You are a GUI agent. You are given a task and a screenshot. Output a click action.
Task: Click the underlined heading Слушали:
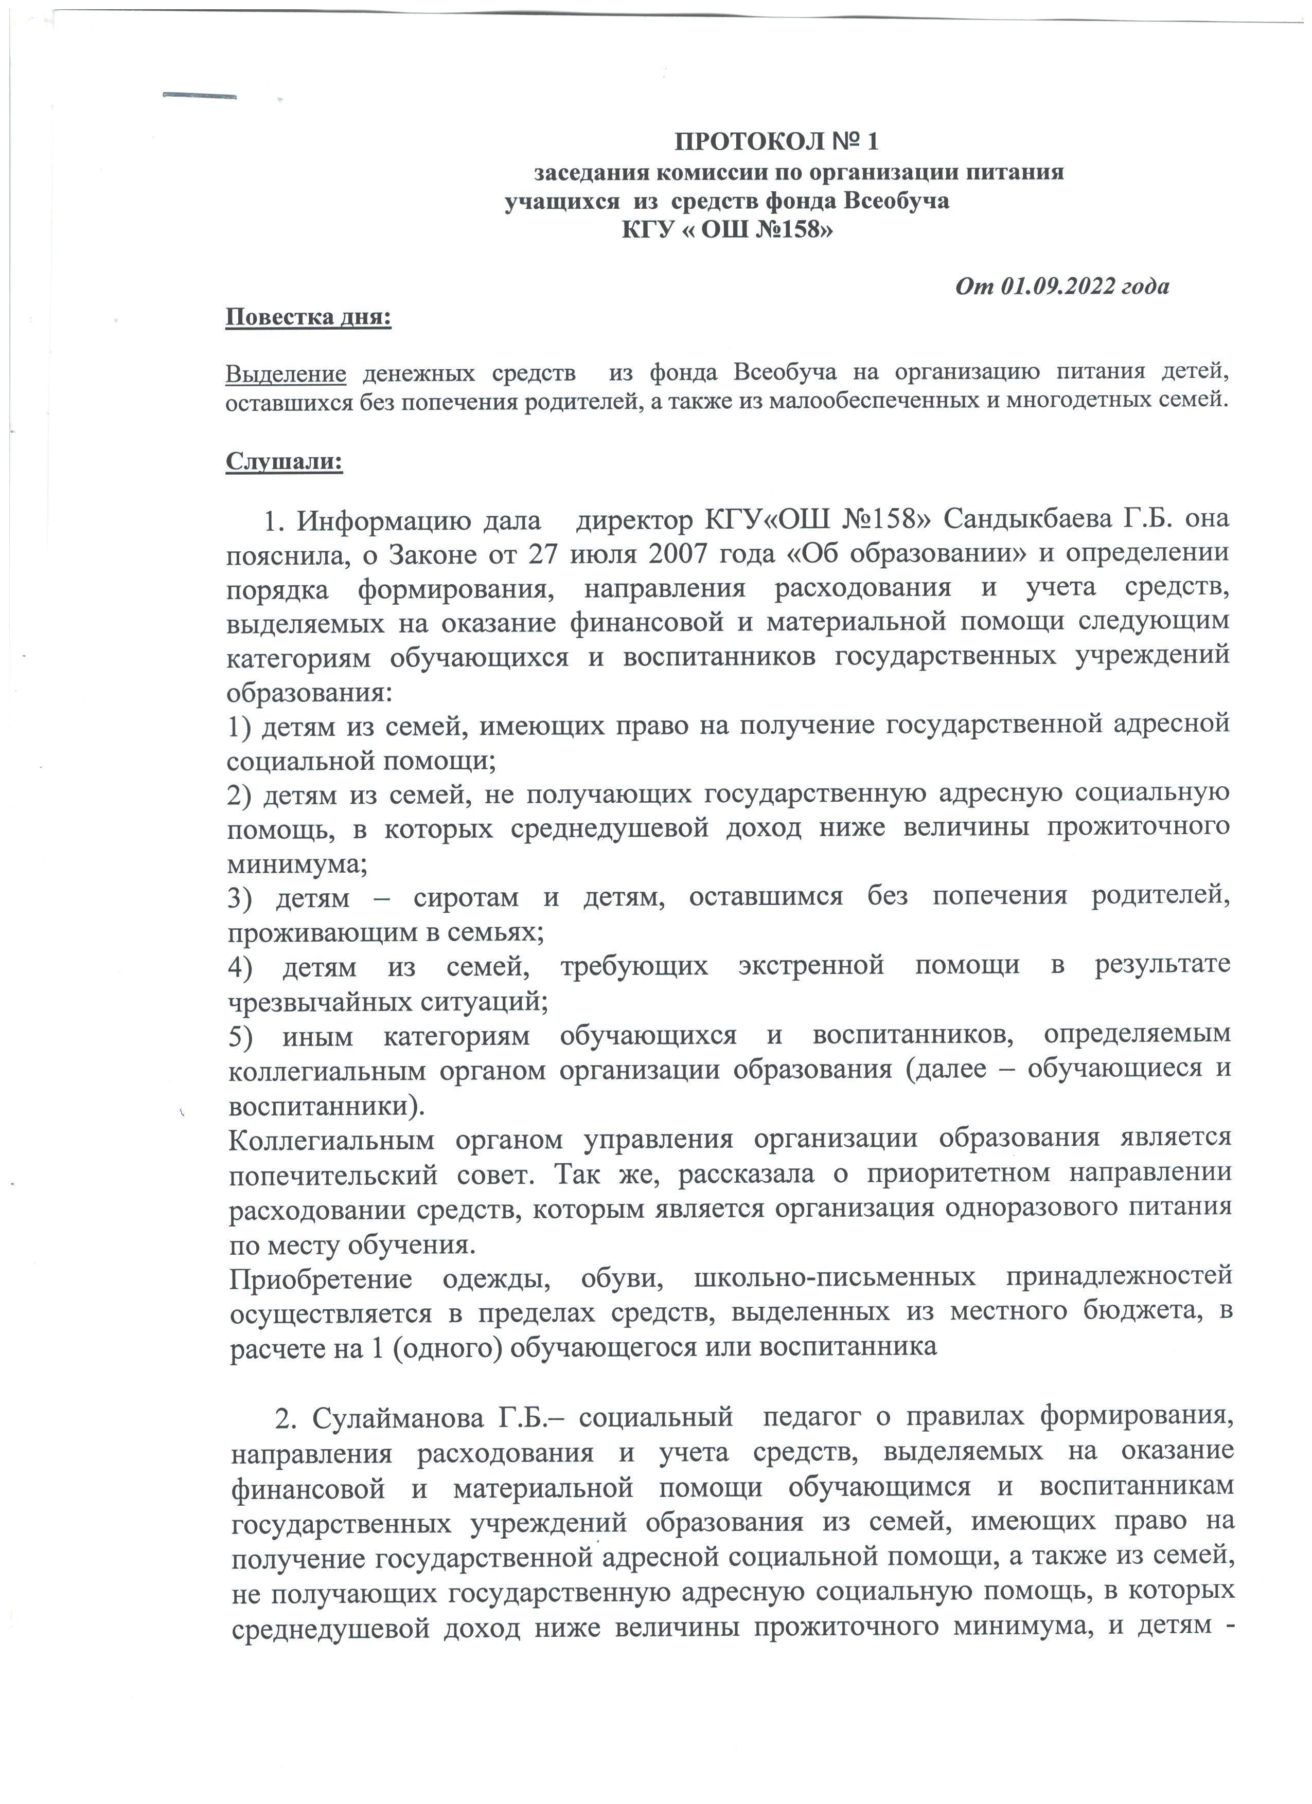tap(284, 462)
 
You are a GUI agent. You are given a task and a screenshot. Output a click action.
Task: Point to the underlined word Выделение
tap(286, 372)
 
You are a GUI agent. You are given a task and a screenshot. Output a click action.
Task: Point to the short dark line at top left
tap(199, 96)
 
